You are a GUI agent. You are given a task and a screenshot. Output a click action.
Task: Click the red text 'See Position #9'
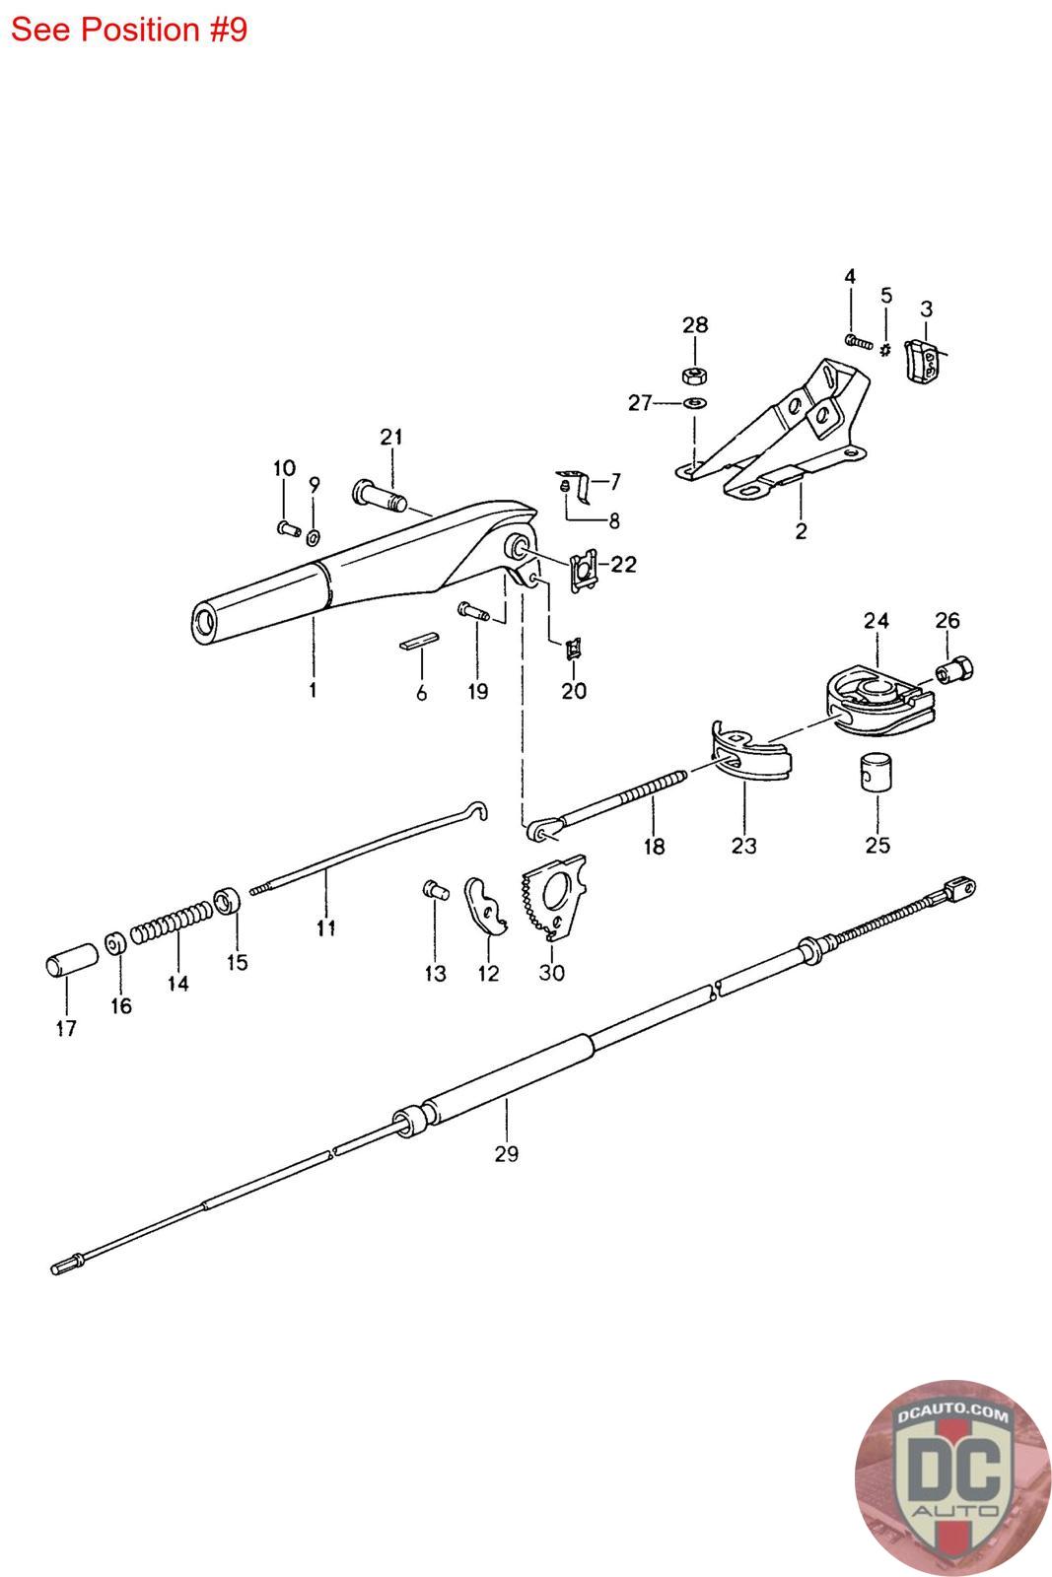129,30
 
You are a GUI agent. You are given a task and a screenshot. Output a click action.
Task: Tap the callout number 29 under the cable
506,1152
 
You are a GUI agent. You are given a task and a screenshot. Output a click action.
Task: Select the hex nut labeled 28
694,375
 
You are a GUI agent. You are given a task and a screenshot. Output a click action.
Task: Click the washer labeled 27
695,402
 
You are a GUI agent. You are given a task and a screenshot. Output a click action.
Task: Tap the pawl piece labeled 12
485,906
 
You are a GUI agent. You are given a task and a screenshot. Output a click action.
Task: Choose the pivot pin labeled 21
378,494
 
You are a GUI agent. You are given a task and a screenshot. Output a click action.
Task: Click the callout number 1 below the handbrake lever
313,690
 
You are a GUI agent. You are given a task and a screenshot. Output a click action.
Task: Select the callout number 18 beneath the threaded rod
654,846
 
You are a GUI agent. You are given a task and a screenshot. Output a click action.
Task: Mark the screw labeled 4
858,342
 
